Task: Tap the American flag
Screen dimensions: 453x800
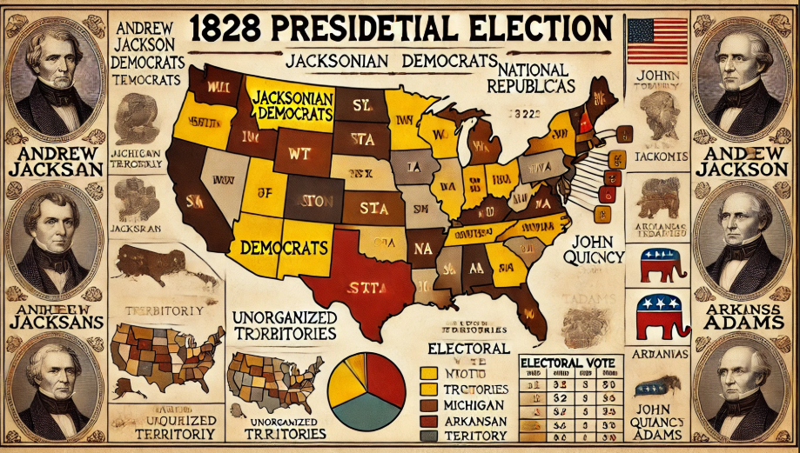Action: [657, 41]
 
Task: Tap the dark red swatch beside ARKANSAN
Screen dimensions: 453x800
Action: [427, 422]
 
